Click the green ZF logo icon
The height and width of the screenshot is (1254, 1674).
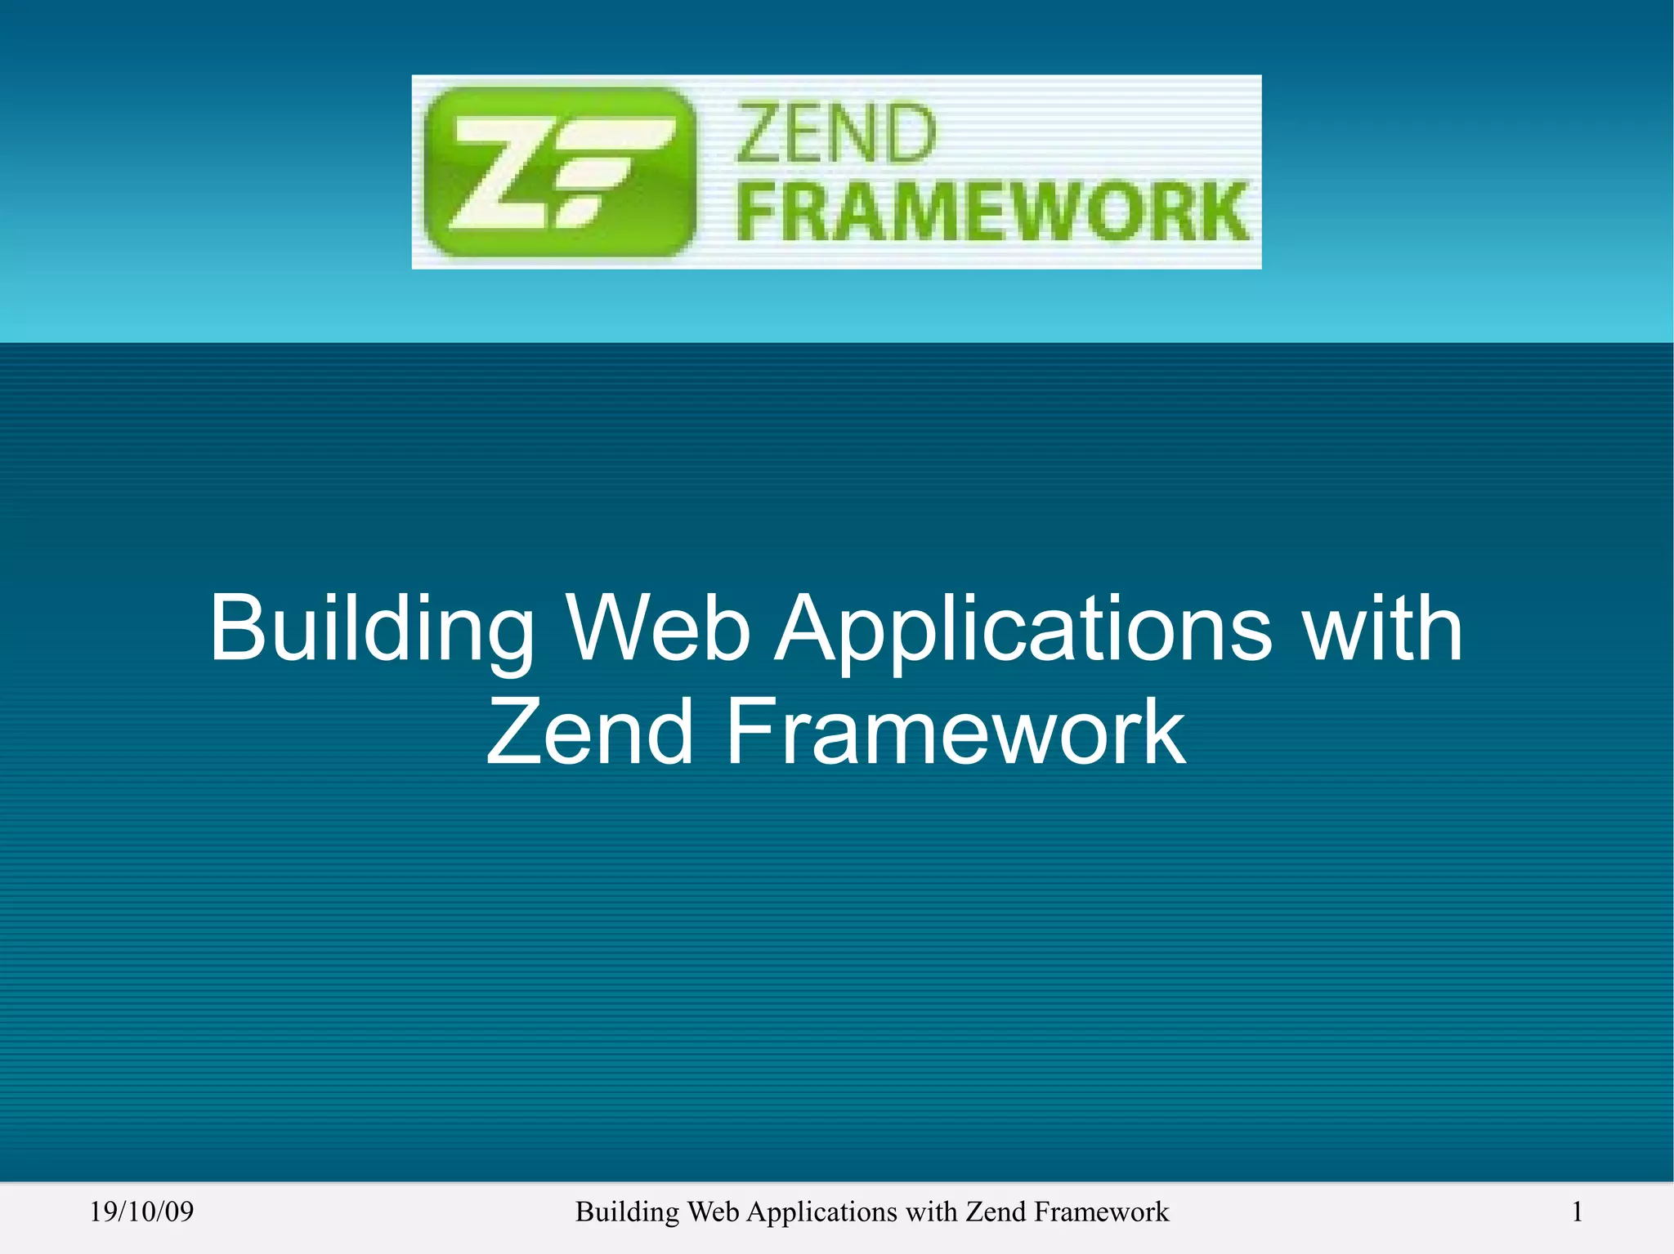(560, 172)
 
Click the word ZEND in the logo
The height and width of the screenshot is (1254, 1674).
(835, 135)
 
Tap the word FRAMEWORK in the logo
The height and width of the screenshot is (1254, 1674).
(993, 212)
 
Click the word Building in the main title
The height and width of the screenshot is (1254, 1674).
(372, 629)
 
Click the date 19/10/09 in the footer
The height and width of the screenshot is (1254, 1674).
(141, 1212)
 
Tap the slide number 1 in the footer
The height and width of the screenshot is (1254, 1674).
(1577, 1212)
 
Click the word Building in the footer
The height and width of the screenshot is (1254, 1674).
(627, 1212)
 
